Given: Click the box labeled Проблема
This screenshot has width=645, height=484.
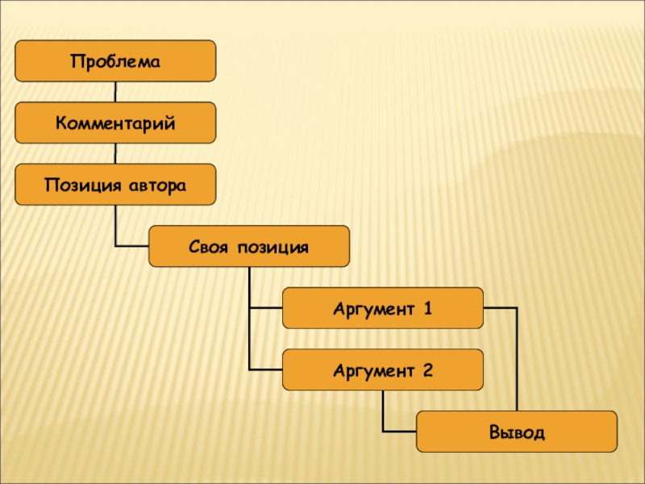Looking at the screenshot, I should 115,61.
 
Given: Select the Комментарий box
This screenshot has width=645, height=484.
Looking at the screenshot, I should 115,123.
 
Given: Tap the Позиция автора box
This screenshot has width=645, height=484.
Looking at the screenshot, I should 115,185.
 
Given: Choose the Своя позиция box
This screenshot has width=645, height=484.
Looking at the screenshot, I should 249,246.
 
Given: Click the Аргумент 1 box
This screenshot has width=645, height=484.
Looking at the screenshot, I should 383,308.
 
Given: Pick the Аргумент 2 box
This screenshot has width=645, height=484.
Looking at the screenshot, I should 383,370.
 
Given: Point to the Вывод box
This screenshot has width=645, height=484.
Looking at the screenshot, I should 517,432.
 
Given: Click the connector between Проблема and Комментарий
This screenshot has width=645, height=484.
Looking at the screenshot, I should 115,92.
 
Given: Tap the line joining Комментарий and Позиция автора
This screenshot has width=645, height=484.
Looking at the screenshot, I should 115,153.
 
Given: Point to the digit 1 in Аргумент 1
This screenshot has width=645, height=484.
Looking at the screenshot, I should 428,308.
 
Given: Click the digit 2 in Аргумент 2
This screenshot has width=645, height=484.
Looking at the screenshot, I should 428,370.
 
